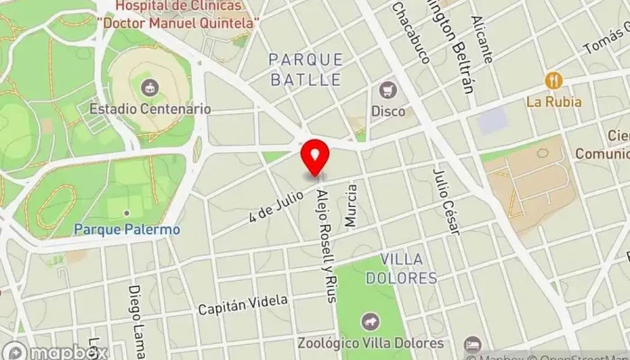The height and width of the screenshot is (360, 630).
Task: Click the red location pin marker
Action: (x=315, y=157)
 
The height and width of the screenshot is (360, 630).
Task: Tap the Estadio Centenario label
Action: (x=150, y=108)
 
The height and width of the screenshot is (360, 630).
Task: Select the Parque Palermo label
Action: (x=127, y=229)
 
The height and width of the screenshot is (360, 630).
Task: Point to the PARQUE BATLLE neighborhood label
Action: (x=306, y=69)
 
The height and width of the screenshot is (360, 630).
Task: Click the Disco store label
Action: (x=389, y=111)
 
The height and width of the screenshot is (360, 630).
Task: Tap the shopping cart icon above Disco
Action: (x=388, y=90)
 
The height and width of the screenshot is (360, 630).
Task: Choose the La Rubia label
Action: (x=553, y=102)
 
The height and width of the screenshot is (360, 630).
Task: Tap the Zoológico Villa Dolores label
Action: (x=371, y=343)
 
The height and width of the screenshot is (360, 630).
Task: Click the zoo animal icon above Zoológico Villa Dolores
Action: (x=371, y=321)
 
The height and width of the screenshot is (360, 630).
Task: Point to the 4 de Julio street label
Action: (x=276, y=203)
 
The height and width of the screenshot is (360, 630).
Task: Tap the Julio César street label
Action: (x=446, y=201)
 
